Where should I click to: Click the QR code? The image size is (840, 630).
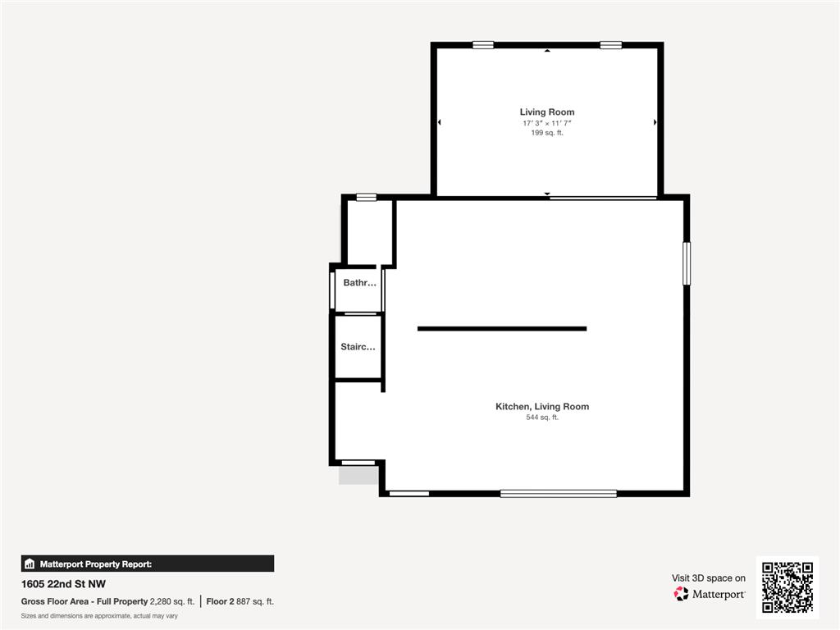coord(787,587)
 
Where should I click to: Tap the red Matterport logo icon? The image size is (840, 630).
coord(681,593)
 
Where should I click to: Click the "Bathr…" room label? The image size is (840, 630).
coord(359,283)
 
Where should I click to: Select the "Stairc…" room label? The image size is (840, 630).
coord(358,347)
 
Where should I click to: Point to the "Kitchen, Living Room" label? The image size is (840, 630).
coord(541,406)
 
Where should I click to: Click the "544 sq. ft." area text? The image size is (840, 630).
coord(541,418)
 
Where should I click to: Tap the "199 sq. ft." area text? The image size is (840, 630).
coord(547,132)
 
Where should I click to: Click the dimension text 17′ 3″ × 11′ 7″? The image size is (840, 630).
coord(547,122)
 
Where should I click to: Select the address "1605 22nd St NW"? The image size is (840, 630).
coord(63,585)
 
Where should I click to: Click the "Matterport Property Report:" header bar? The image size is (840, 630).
coord(148,564)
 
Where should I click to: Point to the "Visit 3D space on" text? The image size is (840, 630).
coord(709,578)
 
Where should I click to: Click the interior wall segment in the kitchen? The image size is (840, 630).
coord(502,329)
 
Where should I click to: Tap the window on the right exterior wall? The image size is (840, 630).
coord(687,263)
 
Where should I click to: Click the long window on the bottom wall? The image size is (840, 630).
coord(558,493)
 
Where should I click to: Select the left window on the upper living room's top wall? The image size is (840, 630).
coord(483,45)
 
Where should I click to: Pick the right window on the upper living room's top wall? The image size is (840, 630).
coord(610,45)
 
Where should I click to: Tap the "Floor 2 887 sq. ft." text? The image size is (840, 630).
coord(240,601)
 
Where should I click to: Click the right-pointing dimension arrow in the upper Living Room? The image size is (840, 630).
coord(655,122)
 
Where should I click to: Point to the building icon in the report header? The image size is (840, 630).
coord(30,564)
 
